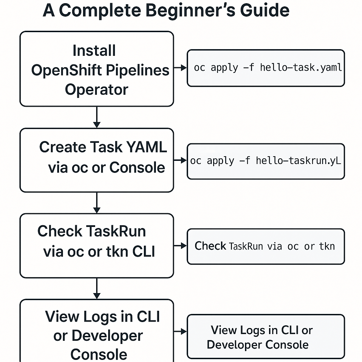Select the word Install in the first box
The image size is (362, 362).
[94, 51]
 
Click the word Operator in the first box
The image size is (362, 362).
[96, 89]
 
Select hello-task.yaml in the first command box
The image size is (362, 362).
[301, 68]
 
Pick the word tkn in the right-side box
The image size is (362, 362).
[327, 246]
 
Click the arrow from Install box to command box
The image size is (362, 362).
[180, 68]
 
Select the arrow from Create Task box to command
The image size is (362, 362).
[180, 160]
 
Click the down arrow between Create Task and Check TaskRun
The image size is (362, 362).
[97, 203]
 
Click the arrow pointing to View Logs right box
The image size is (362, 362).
[180, 331]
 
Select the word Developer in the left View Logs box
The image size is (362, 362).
[107, 336]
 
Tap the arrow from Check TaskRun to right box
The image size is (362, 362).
[180, 246]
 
